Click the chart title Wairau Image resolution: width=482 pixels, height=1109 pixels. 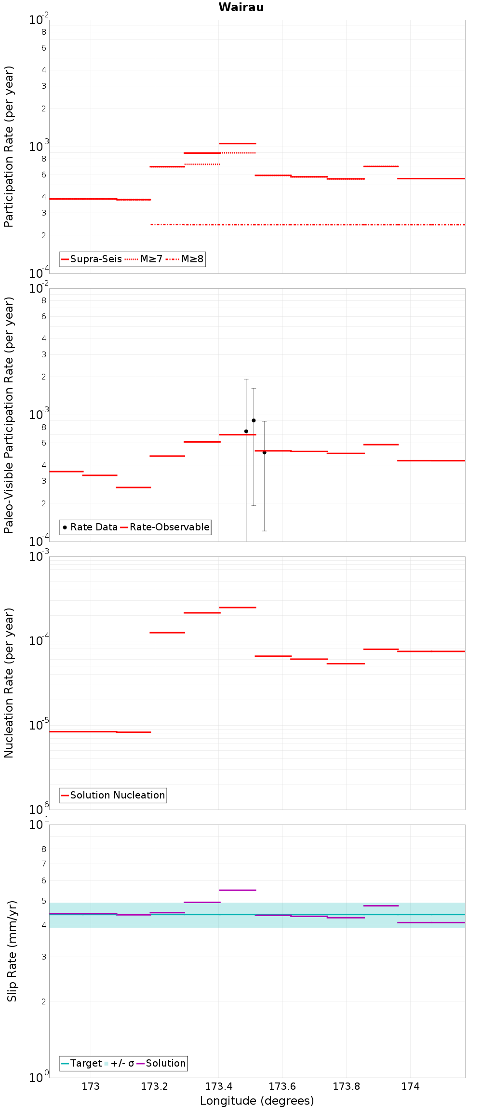[241, 7]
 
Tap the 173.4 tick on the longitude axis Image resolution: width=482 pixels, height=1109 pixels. [218, 1086]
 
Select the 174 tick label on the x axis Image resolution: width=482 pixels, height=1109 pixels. [410, 1086]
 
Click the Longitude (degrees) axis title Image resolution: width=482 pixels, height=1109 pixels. [257, 1101]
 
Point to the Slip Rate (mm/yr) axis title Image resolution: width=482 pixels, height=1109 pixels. [12, 951]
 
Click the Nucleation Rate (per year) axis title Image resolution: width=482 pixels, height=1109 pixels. [9, 682]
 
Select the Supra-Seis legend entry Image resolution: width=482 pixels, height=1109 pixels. [92, 259]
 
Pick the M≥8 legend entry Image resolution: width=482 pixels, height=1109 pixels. [185, 259]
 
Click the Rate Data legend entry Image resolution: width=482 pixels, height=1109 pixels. [90, 527]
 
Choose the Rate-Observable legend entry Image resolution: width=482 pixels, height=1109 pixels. [165, 527]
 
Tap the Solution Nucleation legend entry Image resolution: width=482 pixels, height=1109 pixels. [113, 795]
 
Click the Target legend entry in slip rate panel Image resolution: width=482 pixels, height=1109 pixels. [81, 1063]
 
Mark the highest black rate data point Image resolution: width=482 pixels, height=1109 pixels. [254, 420]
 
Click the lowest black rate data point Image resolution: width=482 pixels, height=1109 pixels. [264, 452]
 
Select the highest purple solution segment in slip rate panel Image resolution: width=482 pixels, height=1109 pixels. [238, 890]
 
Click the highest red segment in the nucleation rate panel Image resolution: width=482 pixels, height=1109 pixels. [238, 608]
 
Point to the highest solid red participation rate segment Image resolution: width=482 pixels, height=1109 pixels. [238, 143]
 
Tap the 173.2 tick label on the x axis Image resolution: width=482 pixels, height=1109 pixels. [154, 1086]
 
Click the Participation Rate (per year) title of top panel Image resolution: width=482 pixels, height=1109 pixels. [9, 147]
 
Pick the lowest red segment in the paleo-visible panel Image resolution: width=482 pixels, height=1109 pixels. [134, 487]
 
